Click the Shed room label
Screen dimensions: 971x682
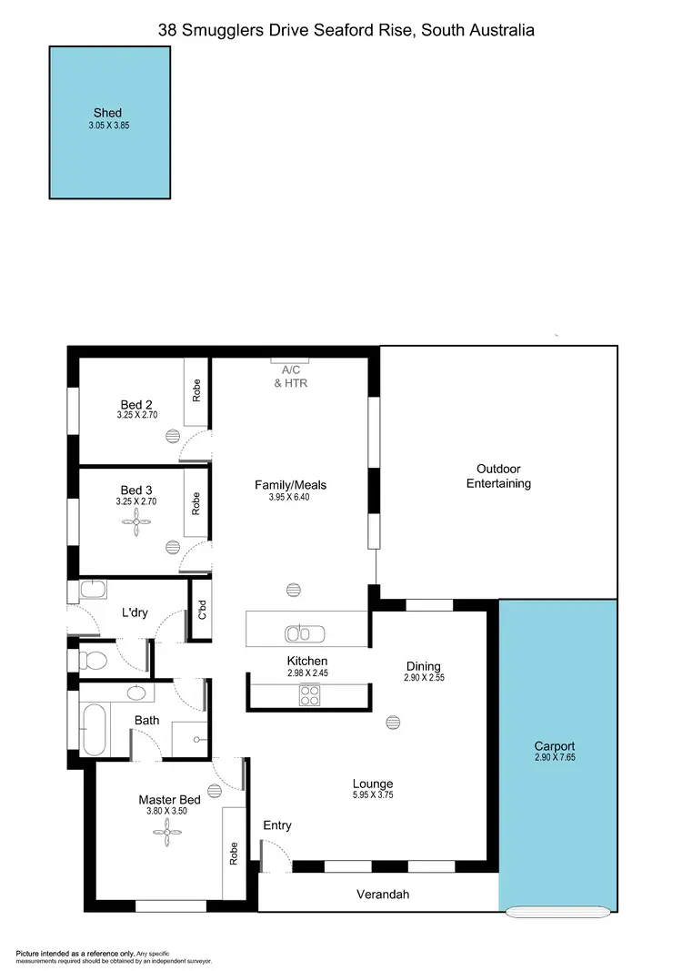click(107, 113)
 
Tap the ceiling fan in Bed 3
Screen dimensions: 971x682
click(137, 518)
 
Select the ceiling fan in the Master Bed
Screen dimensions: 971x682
click(167, 826)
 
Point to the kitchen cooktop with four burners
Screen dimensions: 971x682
click(310, 695)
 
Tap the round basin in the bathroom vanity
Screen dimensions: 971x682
click(137, 693)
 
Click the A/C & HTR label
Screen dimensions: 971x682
click(291, 377)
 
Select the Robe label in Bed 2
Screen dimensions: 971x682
click(196, 390)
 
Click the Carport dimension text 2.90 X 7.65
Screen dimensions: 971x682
click(555, 757)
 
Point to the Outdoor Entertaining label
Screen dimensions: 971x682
click(498, 476)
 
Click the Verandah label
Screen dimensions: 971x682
click(382, 895)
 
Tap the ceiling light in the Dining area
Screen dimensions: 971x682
click(393, 723)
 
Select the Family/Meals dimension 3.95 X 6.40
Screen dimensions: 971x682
click(290, 498)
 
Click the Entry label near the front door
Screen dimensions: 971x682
click(277, 825)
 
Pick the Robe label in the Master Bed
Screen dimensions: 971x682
click(233, 853)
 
